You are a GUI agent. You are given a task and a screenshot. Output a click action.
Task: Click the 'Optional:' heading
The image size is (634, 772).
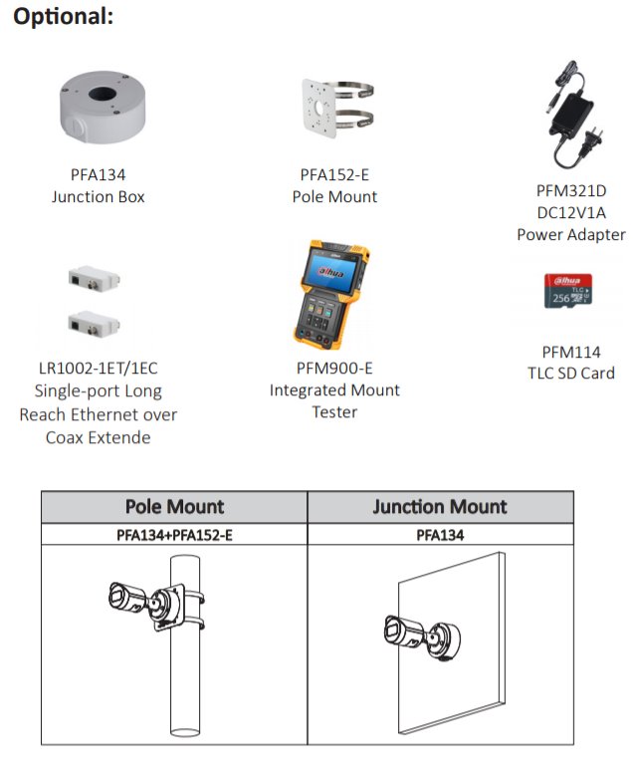(x=63, y=17)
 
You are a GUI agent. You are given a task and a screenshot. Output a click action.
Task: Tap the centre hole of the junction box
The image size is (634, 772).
(x=103, y=93)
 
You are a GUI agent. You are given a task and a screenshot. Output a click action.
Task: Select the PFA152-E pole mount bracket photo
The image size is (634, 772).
(x=337, y=108)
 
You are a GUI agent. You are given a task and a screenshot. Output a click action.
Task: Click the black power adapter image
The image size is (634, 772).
(x=574, y=116)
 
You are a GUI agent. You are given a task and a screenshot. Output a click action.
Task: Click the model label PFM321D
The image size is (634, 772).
(x=571, y=191)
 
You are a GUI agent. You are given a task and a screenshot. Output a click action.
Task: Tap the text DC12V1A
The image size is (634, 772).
(x=571, y=213)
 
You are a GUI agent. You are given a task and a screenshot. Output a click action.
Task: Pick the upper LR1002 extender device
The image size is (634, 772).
(x=94, y=279)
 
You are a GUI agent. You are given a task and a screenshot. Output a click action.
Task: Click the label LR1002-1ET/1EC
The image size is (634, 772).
(x=98, y=369)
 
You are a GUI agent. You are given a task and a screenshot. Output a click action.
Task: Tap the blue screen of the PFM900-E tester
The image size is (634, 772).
(x=331, y=271)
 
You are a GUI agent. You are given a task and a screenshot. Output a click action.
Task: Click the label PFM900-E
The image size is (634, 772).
(x=334, y=369)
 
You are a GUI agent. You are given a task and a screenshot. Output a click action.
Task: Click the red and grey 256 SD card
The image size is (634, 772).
(x=568, y=291)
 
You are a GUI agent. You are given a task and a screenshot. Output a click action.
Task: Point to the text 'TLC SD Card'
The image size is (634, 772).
(x=571, y=374)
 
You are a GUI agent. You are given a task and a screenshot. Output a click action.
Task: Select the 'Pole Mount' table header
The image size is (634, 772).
(x=174, y=507)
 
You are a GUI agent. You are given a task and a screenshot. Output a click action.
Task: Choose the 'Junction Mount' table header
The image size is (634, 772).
(x=440, y=507)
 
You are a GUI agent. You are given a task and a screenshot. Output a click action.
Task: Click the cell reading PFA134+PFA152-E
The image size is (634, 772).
(x=174, y=535)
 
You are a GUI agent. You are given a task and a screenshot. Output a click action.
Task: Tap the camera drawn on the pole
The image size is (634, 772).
(x=147, y=604)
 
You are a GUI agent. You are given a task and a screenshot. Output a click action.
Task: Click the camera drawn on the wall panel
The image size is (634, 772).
(x=422, y=637)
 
